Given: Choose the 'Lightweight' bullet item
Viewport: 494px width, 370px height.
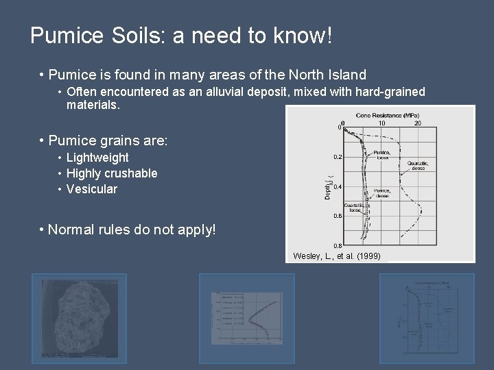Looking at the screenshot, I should tap(97, 158).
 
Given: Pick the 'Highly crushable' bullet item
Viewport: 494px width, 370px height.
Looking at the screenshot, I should tap(112, 173).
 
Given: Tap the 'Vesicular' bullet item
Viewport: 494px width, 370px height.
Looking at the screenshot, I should tap(91, 189).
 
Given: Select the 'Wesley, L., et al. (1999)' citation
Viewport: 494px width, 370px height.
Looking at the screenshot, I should tap(339, 256).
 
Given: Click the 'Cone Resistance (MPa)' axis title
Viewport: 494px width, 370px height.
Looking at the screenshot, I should tap(388, 115).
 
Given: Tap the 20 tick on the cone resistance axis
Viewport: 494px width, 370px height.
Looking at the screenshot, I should tap(418, 123).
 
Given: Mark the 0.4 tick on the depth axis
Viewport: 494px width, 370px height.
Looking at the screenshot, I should tap(338, 187).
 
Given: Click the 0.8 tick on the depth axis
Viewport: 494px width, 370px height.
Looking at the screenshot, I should tap(338, 245).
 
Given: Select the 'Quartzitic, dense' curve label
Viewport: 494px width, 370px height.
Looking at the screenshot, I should tap(418, 165).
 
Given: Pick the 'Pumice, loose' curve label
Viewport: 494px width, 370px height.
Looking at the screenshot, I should tap(382, 154).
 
